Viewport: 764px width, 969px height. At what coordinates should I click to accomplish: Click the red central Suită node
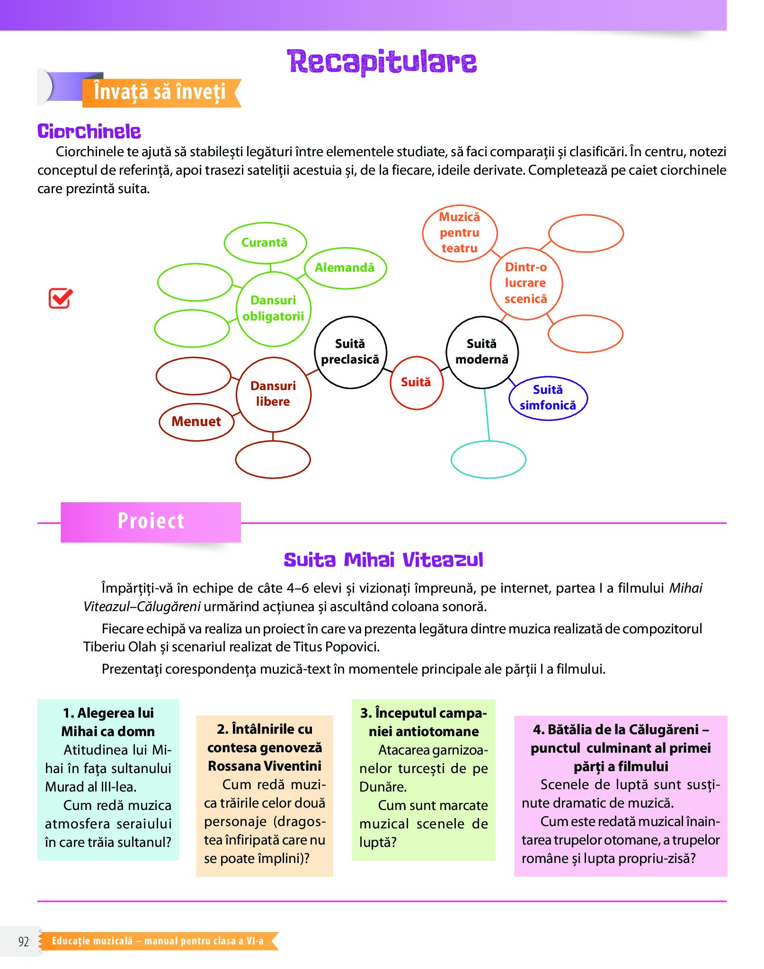click(416, 382)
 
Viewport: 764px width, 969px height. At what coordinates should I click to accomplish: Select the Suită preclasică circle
click(350, 352)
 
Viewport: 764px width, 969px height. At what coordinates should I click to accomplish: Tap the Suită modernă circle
click(482, 352)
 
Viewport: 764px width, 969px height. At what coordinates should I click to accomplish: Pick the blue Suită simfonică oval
click(548, 398)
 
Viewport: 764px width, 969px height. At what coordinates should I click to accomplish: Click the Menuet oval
click(196, 422)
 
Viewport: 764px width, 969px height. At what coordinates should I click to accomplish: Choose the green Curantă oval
click(265, 243)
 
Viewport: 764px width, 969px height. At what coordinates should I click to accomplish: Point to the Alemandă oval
click(345, 268)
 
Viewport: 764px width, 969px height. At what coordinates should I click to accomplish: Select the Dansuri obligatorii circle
click(273, 309)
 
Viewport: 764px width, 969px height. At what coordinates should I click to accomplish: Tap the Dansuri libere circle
click(273, 394)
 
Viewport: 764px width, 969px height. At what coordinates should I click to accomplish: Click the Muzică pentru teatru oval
click(459, 233)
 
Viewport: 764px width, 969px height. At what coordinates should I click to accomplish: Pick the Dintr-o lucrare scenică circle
click(526, 283)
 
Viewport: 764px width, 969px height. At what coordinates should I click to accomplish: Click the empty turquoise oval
click(488, 459)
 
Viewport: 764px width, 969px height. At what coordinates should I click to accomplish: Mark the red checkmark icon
click(61, 298)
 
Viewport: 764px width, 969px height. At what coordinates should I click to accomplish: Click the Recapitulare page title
click(382, 62)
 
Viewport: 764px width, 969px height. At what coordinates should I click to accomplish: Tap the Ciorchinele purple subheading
click(89, 132)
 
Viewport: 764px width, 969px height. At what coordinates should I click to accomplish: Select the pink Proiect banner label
click(151, 522)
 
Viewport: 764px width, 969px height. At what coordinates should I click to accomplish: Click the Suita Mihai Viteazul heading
click(383, 560)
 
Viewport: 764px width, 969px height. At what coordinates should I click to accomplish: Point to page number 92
click(24, 941)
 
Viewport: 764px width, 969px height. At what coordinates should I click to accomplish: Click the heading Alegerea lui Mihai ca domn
click(108, 722)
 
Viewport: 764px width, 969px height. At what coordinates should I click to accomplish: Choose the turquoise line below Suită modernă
click(487, 414)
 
